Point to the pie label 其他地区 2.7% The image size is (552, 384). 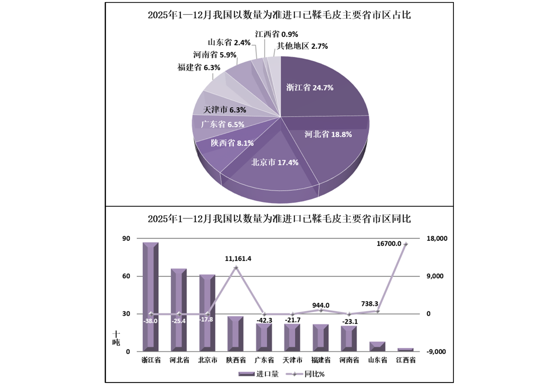point(302,46)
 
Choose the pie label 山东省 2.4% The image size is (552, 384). point(229,43)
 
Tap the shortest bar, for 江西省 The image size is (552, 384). point(406,349)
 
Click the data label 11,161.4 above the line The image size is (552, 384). point(238,259)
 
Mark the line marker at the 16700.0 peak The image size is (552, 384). point(406,244)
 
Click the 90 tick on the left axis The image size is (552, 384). point(126,239)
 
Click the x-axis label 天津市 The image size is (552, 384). point(292,360)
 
